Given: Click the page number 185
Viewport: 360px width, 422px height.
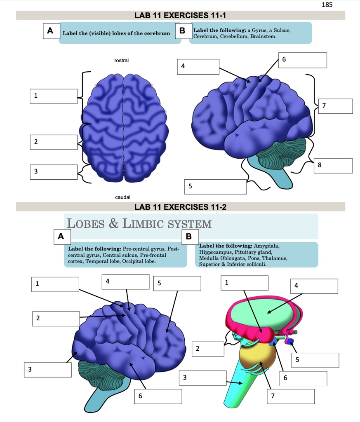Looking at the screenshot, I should tap(326, 5).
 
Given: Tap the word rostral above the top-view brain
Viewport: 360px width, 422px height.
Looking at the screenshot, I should tap(121, 61).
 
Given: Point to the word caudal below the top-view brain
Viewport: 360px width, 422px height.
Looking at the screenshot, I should tap(122, 197).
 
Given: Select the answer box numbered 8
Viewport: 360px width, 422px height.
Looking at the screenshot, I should tap(333, 165).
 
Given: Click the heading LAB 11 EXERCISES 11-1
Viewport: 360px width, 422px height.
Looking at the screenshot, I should tap(181, 16).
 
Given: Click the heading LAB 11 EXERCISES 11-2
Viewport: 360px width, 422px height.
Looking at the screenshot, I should tap(181, 206).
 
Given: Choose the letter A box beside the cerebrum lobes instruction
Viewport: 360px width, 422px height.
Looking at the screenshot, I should tap(50, 31).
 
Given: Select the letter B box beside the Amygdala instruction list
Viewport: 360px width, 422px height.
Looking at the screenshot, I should tap(189, 237).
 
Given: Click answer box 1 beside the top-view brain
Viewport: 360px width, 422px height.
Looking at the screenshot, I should tap(53, 96).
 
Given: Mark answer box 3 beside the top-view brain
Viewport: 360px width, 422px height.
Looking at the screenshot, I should tap(53, 172).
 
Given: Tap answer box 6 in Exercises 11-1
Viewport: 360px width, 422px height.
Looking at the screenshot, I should tap(302, 60).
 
